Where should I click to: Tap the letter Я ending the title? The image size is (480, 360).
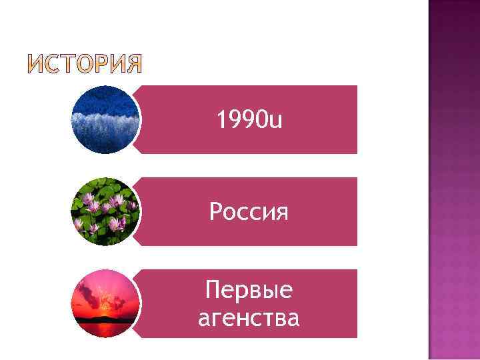pyautogui.click(x=133, y=65)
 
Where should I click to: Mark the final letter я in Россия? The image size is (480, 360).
pyautogui.click(x=282, y=213)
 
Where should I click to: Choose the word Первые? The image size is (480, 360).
pyautogui.click(x=249, y=290)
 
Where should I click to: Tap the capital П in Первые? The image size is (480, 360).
pyautogui.click(x=213, y=290)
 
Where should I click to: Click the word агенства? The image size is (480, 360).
pyautogui.click(x=249, y=317)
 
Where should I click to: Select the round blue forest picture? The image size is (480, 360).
pyautogui.click(x=106, y=120)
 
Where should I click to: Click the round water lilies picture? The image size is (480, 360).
pyautogui.click(x=106, y=211)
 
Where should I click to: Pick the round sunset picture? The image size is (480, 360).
pyautogui.click(x=106, y=303)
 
